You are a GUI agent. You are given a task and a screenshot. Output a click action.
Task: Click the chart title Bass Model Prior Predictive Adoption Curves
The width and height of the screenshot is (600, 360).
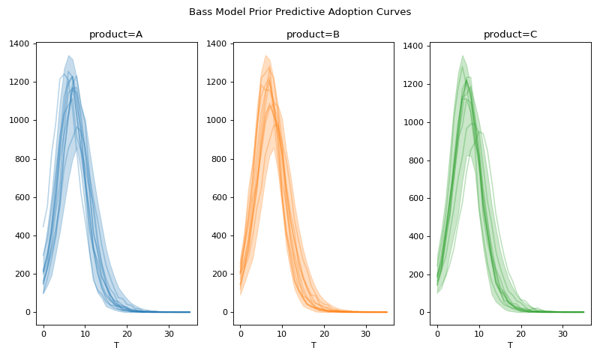pyautogui.click(x=300, y=12)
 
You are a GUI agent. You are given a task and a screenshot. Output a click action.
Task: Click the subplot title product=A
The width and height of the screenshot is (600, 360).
pyautogui.click(x=116, y=34)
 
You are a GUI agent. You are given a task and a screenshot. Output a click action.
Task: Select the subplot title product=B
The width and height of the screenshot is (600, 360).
pyautogui.click(x=313, y=34)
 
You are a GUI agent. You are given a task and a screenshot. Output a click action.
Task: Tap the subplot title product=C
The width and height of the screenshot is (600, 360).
pyautogui.click(x=510, y=34)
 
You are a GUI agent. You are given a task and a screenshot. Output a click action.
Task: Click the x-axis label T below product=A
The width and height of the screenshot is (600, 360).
pyautogui.click(x=116, y=346)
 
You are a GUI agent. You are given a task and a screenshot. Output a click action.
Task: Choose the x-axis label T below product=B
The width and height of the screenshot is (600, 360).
pyautogui.click(x=313, y=346)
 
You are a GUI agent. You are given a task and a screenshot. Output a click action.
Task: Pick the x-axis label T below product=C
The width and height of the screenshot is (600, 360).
pyautogui.click(x=510, y=346)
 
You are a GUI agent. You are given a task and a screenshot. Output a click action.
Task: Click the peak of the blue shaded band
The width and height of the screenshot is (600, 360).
pyautogui.click(x=68, y=55)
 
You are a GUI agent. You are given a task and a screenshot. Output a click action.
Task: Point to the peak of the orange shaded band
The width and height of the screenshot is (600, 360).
pyautogui.click(x=265, y=55)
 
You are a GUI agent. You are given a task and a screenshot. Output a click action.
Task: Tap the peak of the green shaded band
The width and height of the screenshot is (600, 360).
pyautogui.click(x=463, y=55)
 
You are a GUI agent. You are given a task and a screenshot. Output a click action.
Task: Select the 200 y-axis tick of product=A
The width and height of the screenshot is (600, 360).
pyautogui.click(x=22, y=274)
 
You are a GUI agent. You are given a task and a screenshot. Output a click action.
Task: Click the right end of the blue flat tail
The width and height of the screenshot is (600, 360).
pyautogui.click(x=190, y=312)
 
